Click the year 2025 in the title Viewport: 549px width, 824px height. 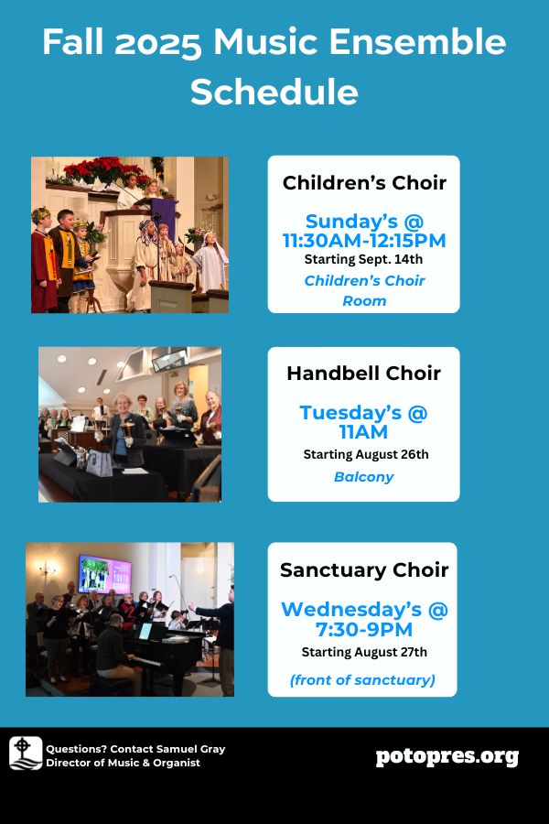click(158, 43)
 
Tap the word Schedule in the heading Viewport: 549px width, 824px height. click(274, 92)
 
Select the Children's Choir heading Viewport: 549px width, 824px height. click(364, 183)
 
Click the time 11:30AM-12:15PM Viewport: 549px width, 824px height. click(364, 241)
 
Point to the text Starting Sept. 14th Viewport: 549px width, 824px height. click(363, 259)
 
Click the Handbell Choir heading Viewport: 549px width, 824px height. click(363, 374)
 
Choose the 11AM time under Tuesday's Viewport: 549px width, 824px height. click(363, 432)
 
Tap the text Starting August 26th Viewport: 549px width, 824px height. click(366, 454)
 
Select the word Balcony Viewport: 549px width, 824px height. click(363, 477)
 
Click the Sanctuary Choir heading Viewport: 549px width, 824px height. click(364, 570)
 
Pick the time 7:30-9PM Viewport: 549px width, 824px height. click(364, 630)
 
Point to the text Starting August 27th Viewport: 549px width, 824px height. click(364, 652)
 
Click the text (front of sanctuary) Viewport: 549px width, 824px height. click(362, 680)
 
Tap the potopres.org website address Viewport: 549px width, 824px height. click(447, 757)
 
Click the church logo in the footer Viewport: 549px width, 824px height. click(26, 754)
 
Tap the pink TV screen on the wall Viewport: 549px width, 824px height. click(104, 573)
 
